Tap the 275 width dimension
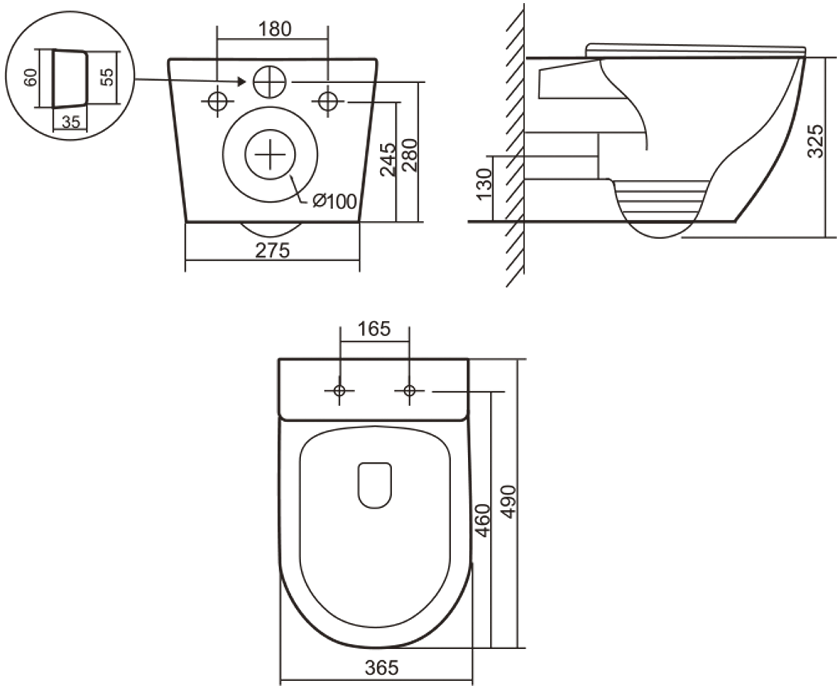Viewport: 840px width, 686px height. [272, 251]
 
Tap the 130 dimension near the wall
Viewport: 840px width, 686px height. [484, 185]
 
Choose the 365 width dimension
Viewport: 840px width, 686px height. [382, 668]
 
